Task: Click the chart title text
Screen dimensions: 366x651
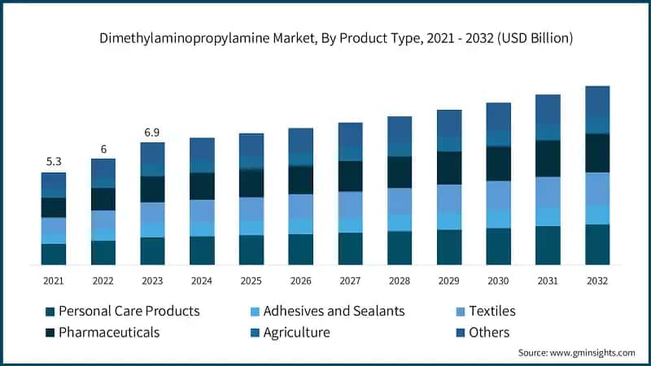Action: pyautogui.click(x=325, y=37)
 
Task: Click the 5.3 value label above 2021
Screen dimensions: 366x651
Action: pyautogui.click(x=54, y=161)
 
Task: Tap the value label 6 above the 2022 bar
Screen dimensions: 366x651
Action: pyautogui.click(x=103, y=148)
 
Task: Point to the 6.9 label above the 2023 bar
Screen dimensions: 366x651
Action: pyautogui.click(x=152, y=132)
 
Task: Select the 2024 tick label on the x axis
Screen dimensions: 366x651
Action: pyautogui.click(x=202, y=281)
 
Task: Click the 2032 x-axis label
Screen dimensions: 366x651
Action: pyautogui.click(x=597, y=281)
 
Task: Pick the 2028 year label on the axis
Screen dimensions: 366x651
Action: pyautogui.click(x=400, y=281)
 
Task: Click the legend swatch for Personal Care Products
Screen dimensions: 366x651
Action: pyautogui.click(x=50, y=312)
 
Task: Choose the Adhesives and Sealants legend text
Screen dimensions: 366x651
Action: pyautogui.click(x=334, y=311)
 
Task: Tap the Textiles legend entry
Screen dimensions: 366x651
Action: pyautogui.click(x=492, y=311)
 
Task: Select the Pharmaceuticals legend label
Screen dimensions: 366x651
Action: pyautogui.click(x=109, y=332)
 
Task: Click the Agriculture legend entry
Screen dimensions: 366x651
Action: pyautogui.click(x=296, y=332)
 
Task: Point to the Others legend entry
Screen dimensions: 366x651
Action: pyautogui.click(x=489, y=332)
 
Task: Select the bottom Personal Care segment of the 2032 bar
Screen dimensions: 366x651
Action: pyautogui.click(x=597, y=244)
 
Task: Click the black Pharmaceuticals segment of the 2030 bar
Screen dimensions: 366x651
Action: pyautogui.click(x=499, y=163)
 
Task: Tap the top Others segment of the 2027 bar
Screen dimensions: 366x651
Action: pyautogui.click(x=350, y=134)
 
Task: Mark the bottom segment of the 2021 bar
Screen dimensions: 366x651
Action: pyautogui.click(x=54, y=254)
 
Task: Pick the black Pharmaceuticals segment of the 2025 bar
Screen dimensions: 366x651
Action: pyautogui.click(x=251, y=183)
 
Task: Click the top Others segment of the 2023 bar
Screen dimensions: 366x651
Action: pyautogui.click(x=152, y=152)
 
